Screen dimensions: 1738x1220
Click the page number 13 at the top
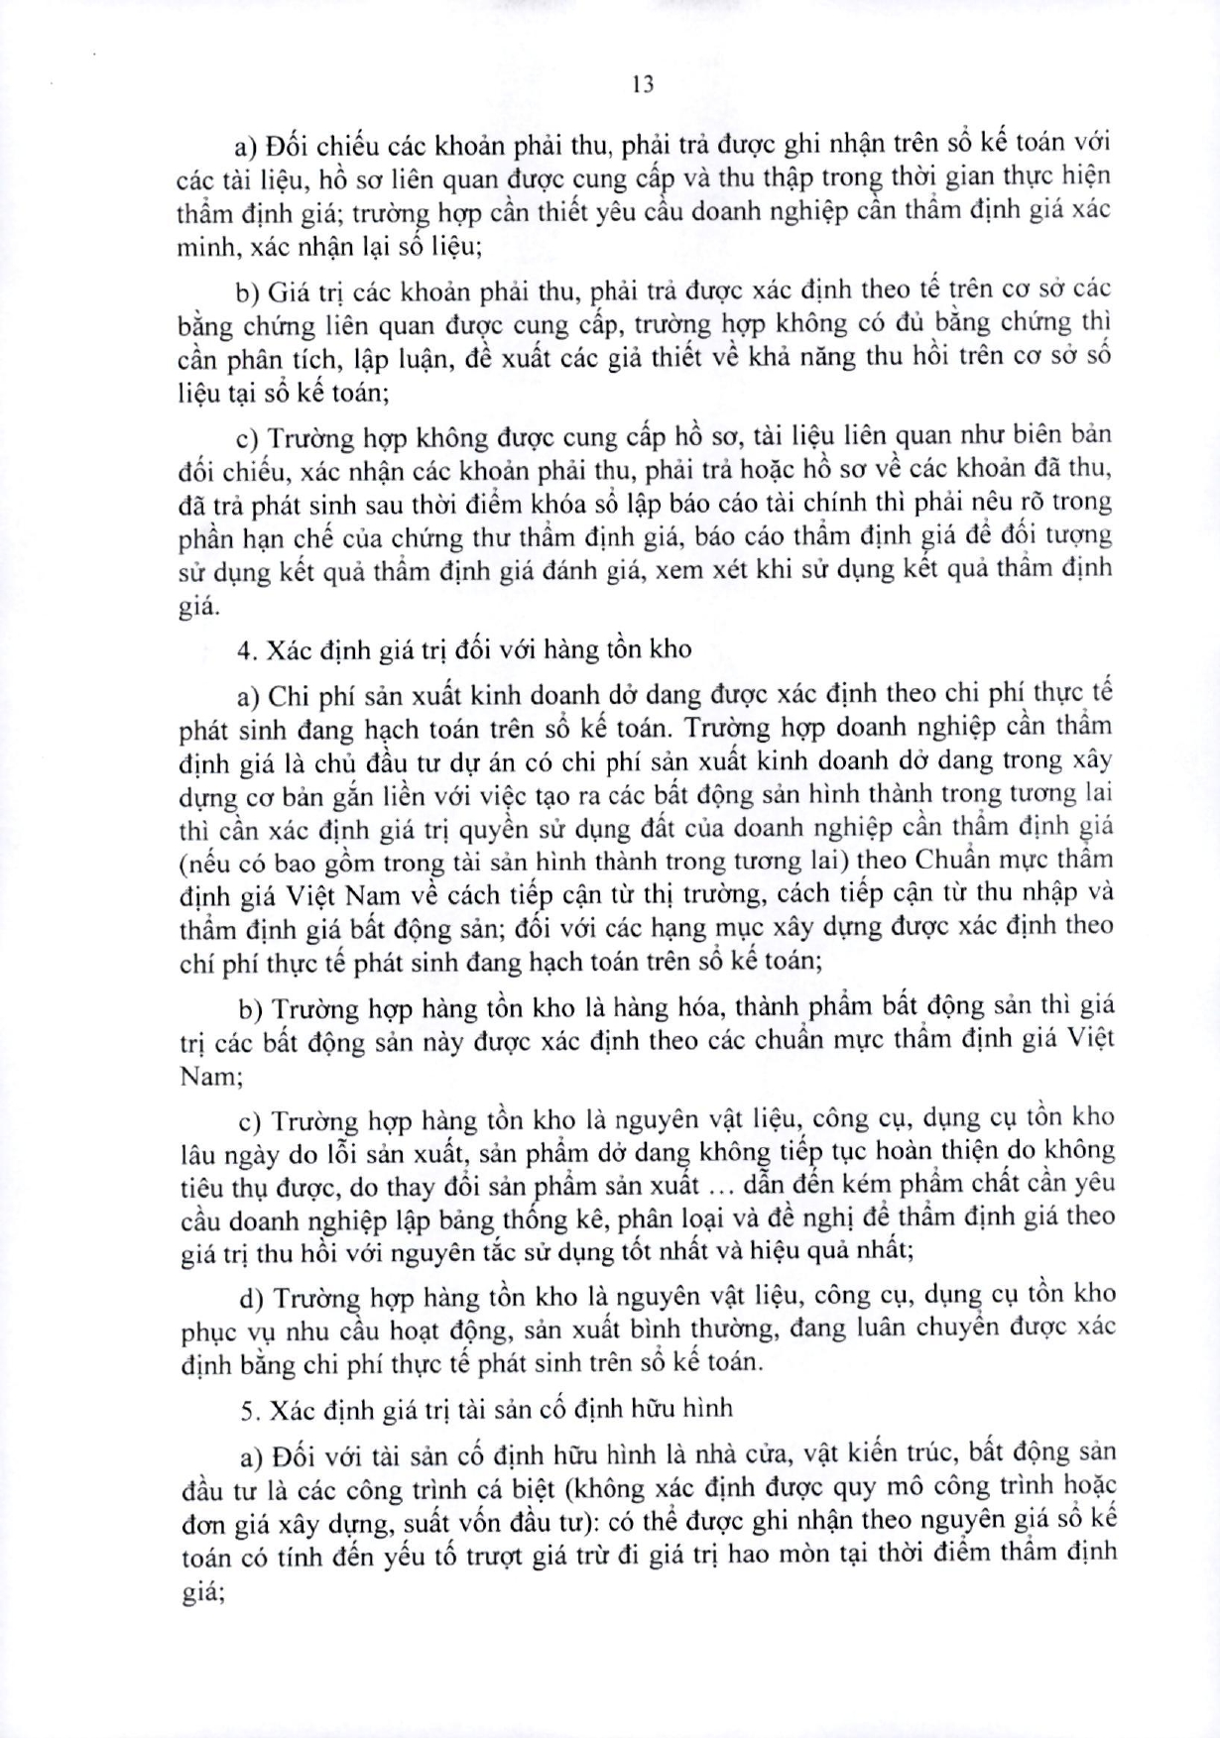[642, 84]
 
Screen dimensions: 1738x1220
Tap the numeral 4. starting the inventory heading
[247, 649]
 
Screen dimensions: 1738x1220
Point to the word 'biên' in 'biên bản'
[1029, 434]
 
